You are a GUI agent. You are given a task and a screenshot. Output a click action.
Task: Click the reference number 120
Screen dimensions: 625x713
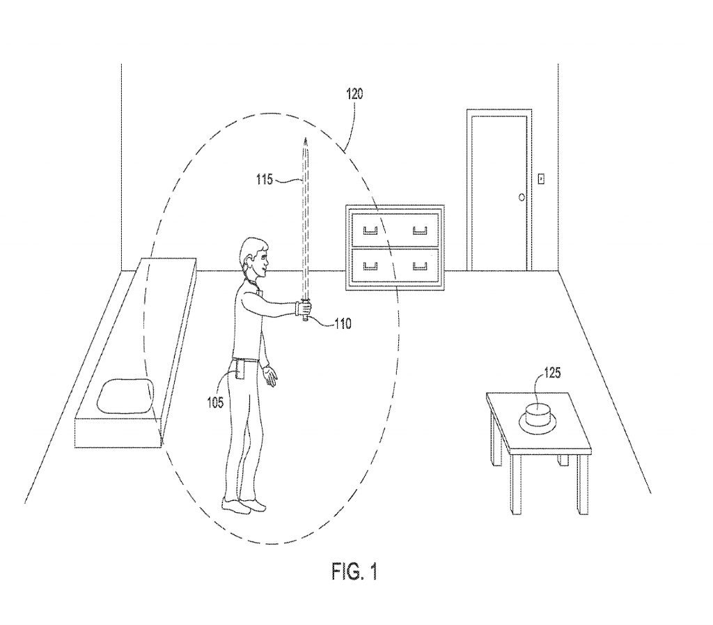354,95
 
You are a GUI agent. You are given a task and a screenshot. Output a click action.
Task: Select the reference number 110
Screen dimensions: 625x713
343,323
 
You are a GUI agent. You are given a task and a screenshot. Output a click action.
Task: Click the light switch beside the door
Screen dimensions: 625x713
540,180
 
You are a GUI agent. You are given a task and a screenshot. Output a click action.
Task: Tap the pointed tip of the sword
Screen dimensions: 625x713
304,141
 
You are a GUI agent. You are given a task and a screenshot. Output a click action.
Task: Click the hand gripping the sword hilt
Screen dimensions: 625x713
304,308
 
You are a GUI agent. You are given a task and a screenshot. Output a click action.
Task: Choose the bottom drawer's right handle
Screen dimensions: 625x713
419,265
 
